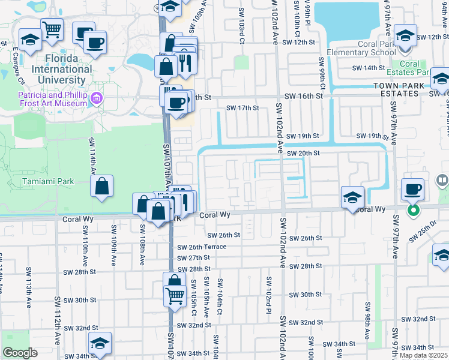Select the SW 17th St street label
point(242,108)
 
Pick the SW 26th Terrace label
point(202,247)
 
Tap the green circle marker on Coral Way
point(413,210)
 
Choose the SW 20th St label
point(303,153)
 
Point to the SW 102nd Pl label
point(267,288)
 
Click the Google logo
point(20,352)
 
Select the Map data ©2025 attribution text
point(423,355)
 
